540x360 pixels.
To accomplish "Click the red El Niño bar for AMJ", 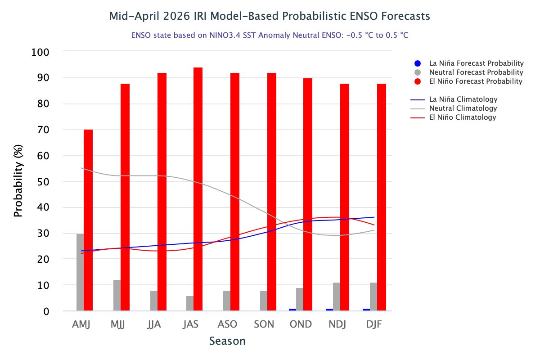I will click(x=88, y=220).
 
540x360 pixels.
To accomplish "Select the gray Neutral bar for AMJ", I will click(x=80, y=272).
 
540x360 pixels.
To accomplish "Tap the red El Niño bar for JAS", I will click(x=198, y=189).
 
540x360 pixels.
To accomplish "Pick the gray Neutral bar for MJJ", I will click(x=117, y=295).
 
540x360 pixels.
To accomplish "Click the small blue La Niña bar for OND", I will click(x=292, y=310).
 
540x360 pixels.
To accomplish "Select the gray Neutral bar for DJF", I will click(x=373, y=297).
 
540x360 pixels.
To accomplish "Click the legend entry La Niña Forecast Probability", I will click(x=476, y=63).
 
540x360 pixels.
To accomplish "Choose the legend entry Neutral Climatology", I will click(x=463, y=108).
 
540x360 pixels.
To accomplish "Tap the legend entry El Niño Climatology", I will click(x=463, y=117).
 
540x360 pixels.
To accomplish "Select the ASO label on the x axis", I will click(x=228, y=324).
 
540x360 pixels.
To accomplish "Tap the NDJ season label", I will click(x=338, y=324).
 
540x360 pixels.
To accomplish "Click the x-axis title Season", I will click(x=227, y=341).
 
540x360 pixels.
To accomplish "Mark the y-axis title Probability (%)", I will click(x=18, y=181).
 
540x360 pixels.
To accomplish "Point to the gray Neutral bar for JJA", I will click(x=154, y=301).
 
